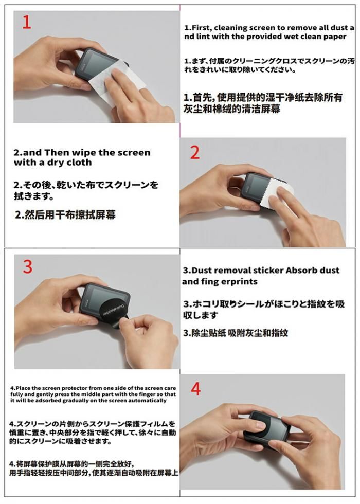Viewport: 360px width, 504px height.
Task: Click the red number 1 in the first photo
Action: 27,23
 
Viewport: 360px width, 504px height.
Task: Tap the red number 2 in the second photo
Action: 195,153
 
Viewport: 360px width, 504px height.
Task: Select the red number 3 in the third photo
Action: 28,267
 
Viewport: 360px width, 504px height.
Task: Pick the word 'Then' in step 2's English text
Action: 57,152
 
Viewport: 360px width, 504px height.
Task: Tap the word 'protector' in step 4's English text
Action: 75,388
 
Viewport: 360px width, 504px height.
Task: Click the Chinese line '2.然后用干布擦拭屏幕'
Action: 65,214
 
